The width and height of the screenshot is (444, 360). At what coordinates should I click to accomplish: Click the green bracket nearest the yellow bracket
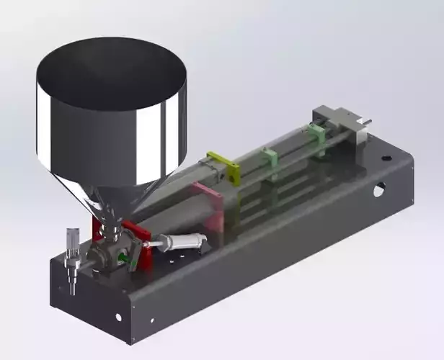click(x=270, y=158)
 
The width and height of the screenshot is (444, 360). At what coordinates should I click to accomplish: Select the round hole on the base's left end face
click(x=118, y=317)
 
